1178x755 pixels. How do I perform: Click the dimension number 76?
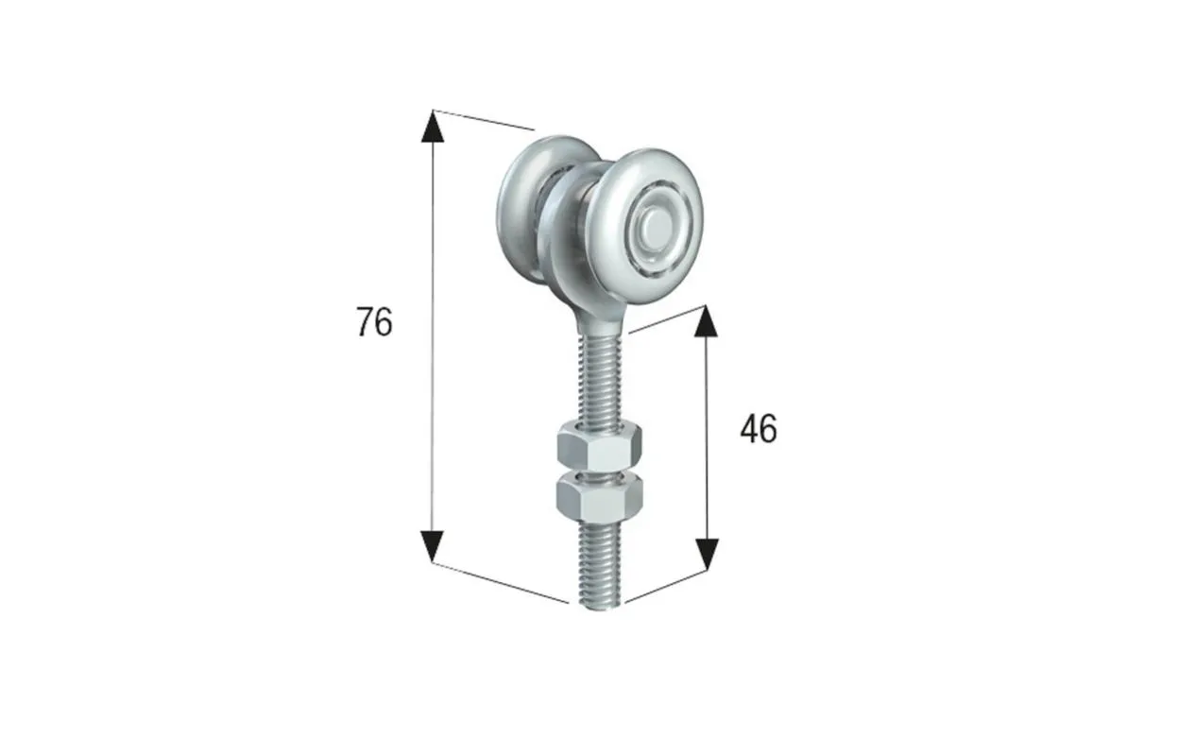374,321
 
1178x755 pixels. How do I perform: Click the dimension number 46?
759,429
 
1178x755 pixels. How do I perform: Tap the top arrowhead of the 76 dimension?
433,127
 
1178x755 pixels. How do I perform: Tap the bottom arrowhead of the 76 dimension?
433,546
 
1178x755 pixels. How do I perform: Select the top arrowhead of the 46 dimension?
706,321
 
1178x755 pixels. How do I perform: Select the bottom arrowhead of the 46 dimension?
707,555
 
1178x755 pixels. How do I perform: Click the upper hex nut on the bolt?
600,446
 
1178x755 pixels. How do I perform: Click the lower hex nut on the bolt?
600,499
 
